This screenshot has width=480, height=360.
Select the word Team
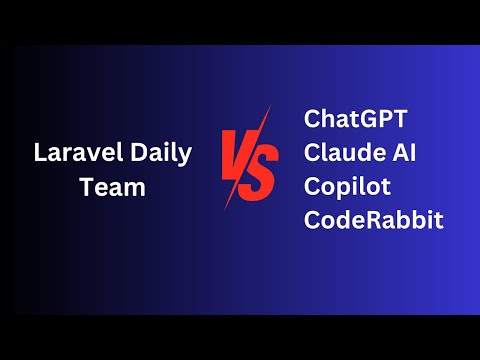tap(113, 187)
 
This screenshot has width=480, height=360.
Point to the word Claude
tap(340, 155)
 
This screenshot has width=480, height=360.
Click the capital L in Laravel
tap(40, 156)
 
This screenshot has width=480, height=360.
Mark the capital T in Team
tap(87, 187)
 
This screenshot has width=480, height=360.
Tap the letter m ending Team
tap(136, 189)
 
